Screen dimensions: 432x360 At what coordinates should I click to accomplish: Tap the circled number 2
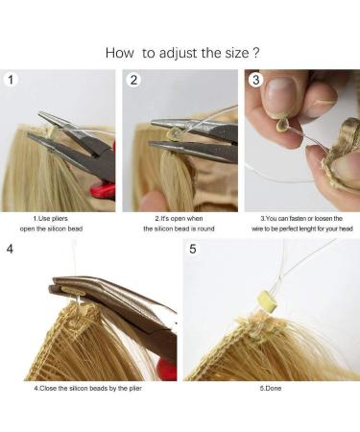click(134, 80)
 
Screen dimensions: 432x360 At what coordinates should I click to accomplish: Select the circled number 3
click(255, 80)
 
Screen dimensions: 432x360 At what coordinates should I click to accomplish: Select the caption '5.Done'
click(271, 387)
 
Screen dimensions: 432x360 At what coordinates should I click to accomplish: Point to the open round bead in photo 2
click(175, 137)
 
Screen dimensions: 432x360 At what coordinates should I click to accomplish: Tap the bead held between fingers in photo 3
click(282, 123)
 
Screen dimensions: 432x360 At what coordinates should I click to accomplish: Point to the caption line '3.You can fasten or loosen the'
click(300, 220)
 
